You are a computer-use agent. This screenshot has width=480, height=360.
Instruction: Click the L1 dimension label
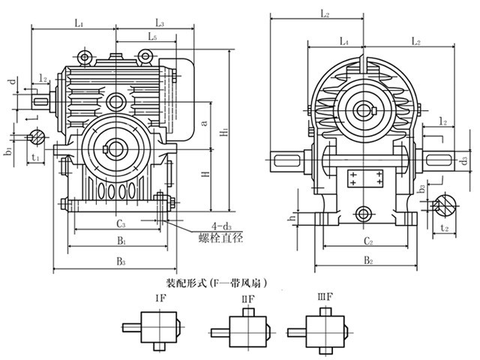click(x=78, y=24)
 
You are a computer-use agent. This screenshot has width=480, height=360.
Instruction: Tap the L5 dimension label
click(x=152, y=36)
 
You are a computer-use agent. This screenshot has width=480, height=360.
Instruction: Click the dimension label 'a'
click(x=205, y=121)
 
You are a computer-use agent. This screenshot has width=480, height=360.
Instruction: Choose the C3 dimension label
click(x=120, y=223)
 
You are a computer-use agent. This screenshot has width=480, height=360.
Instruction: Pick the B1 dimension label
click(x=119, y=241)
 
